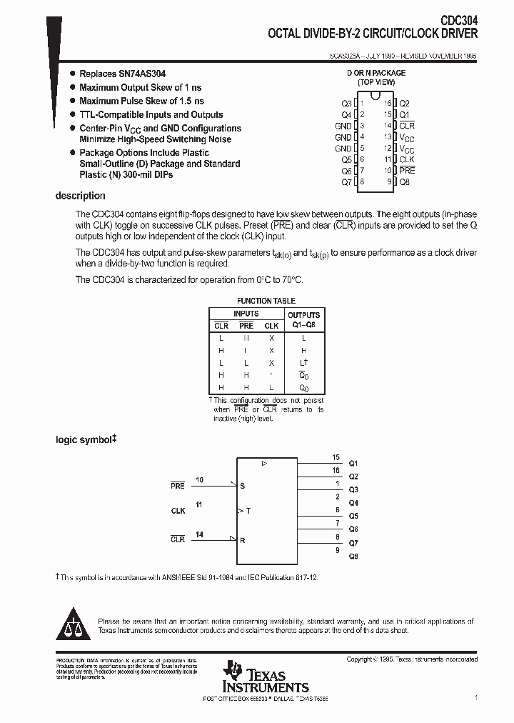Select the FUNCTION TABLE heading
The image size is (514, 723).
(x=266, y=301)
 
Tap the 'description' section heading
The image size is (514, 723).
(x=80, y=196)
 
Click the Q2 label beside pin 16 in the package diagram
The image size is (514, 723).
(x=404, y=104)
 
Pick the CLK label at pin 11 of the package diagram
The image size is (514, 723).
(x=406, y=160)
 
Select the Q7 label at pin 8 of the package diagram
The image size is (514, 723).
(x=346, y=182)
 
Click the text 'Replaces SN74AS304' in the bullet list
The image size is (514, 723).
(x=121, y=74)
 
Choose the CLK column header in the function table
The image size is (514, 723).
(x=271, y=326)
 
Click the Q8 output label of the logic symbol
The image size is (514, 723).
(x=353, y=556)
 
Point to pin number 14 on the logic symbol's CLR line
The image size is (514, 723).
(x=199, y=534)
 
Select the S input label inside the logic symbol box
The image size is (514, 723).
(x=242, y=486)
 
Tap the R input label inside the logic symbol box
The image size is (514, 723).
(x=243, y=540)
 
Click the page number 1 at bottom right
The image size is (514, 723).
(x=475, y=697)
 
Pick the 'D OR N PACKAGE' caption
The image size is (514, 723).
(x=376, y=73)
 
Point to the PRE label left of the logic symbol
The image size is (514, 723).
(x=177, y=486)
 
